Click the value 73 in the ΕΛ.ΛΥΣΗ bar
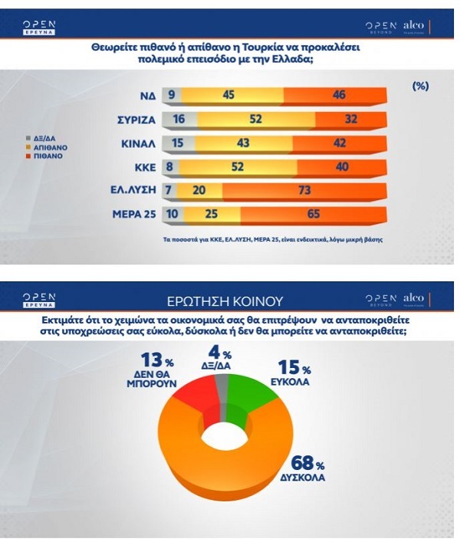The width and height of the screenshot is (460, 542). (x=304, y=191)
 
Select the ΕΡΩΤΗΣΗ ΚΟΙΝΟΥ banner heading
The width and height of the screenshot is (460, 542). (x=230, y=301)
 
